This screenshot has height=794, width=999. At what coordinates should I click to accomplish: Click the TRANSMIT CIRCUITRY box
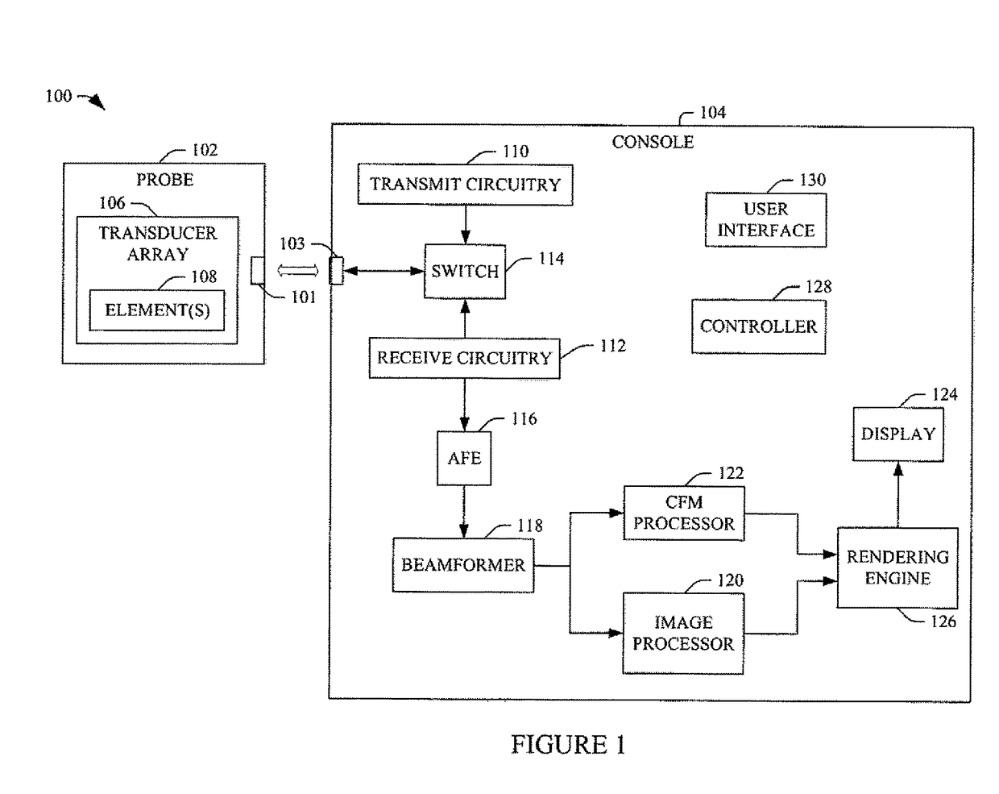(x=465, y=185)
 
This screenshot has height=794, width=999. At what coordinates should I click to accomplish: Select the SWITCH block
(x=465, y=272)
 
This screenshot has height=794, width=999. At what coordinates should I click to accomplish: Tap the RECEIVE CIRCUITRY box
(x=464, y=358)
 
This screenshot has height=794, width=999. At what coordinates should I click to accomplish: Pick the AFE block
(x=464, y=458)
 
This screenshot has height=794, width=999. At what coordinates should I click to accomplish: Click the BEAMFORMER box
(x=463, y=565)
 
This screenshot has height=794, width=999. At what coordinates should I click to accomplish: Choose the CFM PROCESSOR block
(x=684, y=513)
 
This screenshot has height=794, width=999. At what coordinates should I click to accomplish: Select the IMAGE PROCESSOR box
(x=683, y=633)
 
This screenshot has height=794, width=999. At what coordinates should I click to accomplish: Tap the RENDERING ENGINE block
(x=897, y=567)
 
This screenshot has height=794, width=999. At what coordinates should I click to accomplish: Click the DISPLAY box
(x=897, y=434)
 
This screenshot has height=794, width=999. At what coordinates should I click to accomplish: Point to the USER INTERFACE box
(x=765, y=220)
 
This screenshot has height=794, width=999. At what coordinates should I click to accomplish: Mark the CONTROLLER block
(x=759, y=326)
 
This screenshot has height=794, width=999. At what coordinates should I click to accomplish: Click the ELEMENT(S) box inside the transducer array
(x=157, y=310)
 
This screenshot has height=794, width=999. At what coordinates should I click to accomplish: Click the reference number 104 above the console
(x=712, y=112)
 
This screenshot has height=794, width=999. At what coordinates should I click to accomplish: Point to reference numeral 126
(x=943, y=621)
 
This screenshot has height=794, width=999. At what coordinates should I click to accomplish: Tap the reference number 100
(x=59, y=96)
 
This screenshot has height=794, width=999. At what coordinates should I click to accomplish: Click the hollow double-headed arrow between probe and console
(x=297, y=270)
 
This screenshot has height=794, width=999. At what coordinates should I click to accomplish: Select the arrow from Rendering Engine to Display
(x=897, y=495)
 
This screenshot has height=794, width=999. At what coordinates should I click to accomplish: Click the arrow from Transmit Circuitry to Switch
(x=465, y=225)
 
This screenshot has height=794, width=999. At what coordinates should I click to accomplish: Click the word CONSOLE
(x=653, y=142)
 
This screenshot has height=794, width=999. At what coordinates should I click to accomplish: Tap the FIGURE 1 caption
(x=568, y=745)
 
